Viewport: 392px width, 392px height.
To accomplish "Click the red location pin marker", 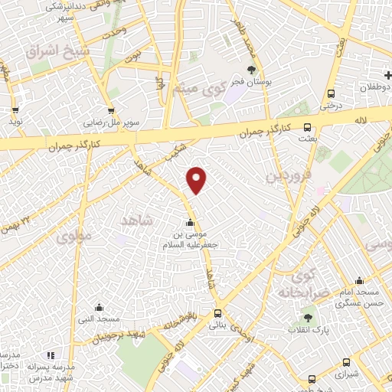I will pyautogui.click(x=198, y=179).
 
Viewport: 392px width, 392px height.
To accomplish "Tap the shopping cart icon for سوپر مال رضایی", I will pyautogui.click(x=113, y=109).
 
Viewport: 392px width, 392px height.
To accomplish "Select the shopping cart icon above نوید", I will pyautogui.click(x=15, y=109).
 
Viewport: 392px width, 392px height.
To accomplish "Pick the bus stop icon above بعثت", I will pyautogui.click(x=307, y=128).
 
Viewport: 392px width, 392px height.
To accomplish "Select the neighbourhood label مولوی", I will pyautogui.click(x=73, y=237).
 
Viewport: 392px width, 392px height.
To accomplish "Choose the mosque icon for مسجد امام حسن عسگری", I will pyautogui.click(x=356, y=282).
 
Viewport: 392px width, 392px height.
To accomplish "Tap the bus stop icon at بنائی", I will pyautogui.click(x=218, y=313).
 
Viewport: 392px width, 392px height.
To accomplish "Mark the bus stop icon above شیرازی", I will pyautogui.click(x=346, y=363).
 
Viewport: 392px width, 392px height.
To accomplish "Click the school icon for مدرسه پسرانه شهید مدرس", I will pyautogui.click(x=51, y=354).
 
